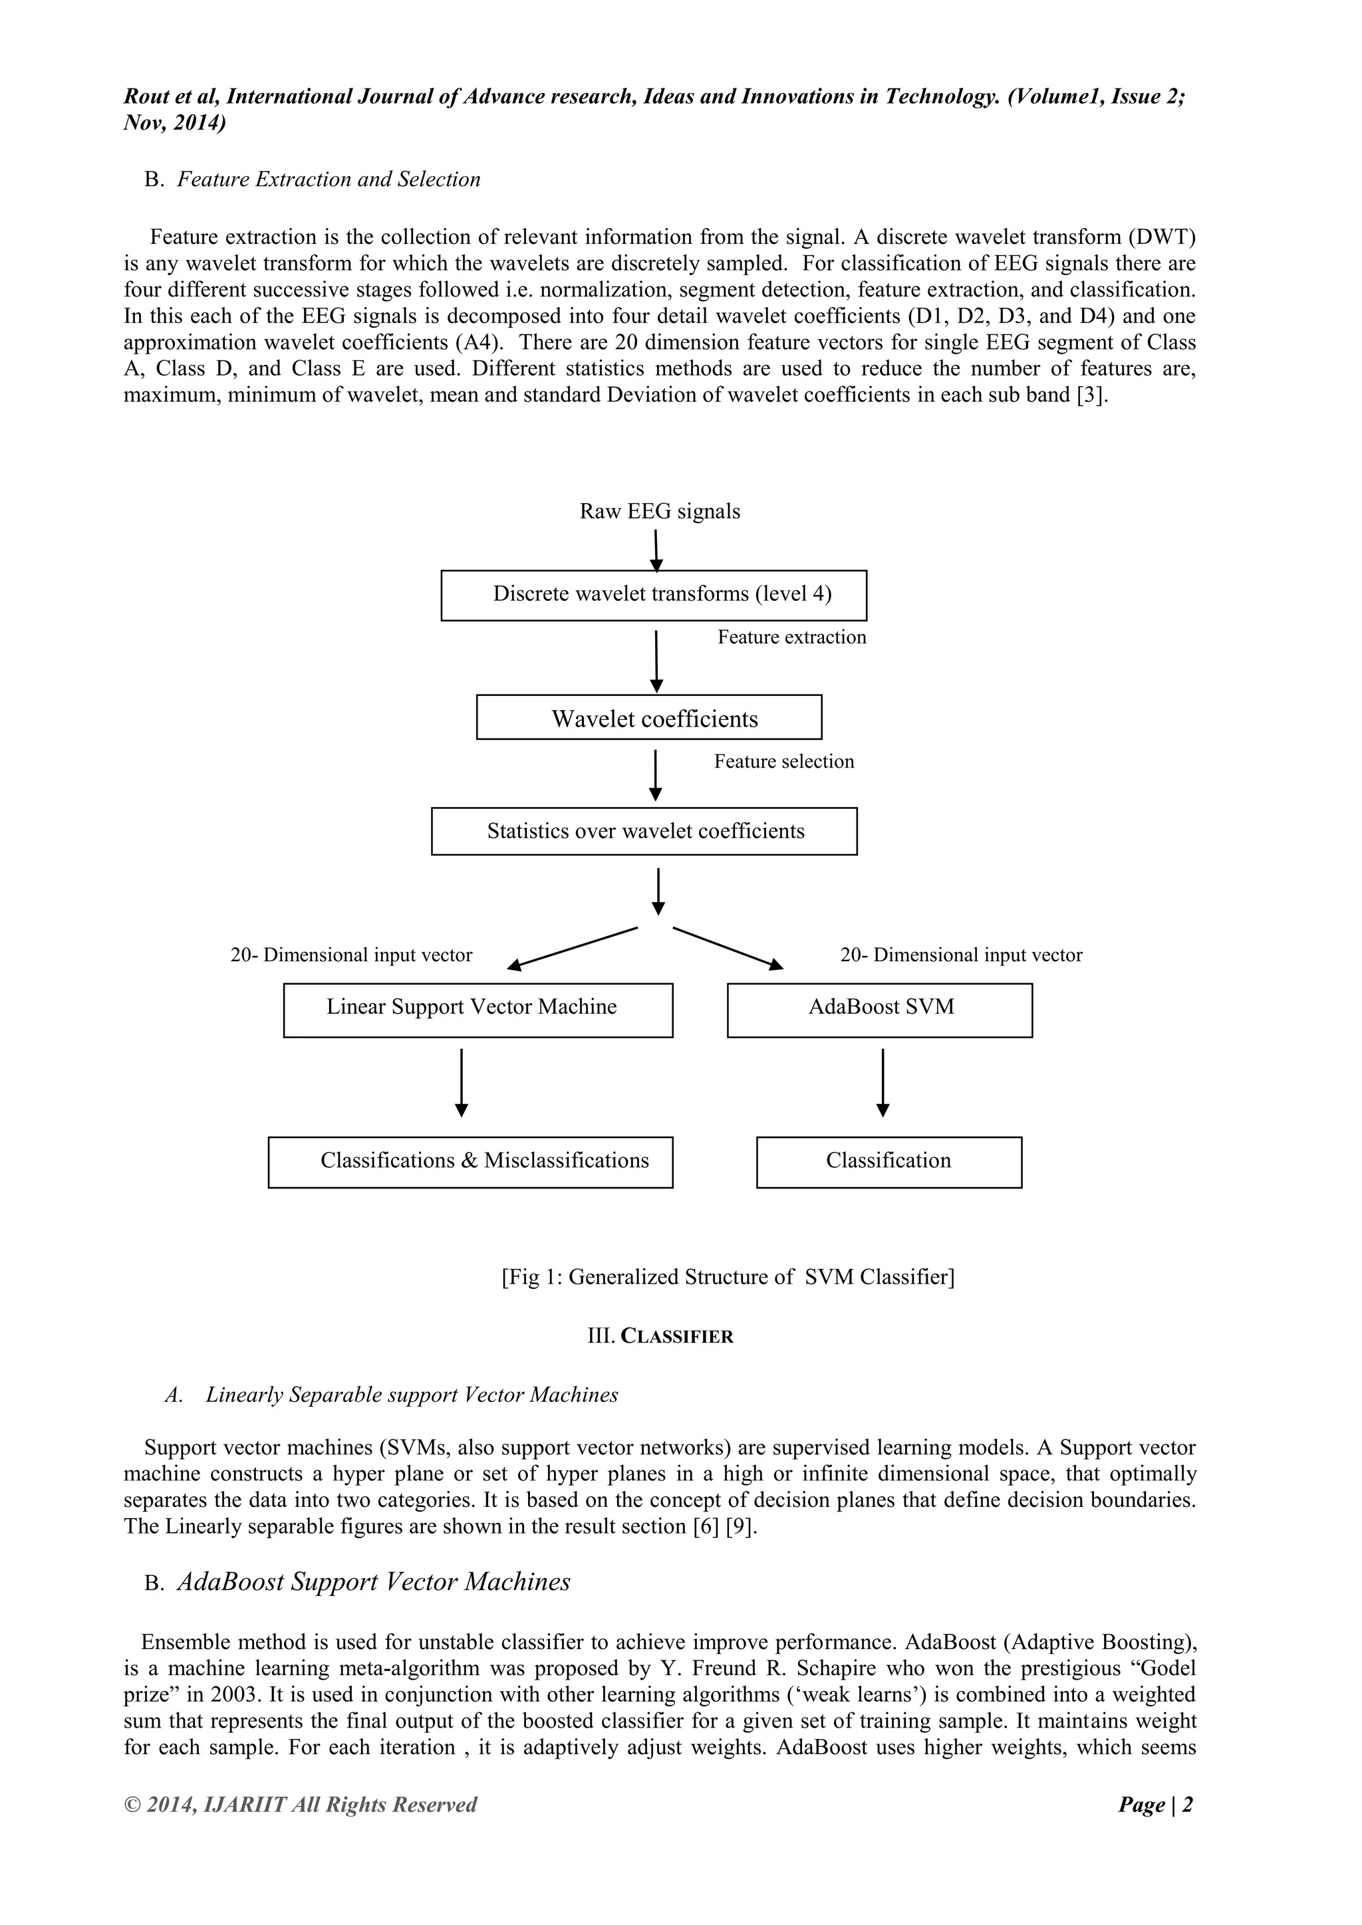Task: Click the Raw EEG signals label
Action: point(659,511)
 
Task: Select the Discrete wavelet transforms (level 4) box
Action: point(653,596)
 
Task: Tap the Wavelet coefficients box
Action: point(648,718)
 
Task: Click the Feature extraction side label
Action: point(791,637)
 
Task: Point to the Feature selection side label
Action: point(783,761)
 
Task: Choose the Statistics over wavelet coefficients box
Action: point(644,831)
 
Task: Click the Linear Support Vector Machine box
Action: point(477,1010)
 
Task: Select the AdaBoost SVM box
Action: point(879,1010)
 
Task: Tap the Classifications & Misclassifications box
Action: point(470,1162)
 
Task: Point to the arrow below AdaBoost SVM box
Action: point(883,1081)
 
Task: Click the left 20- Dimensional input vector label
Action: point(350,955)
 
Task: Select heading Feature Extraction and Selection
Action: point(328,179)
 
